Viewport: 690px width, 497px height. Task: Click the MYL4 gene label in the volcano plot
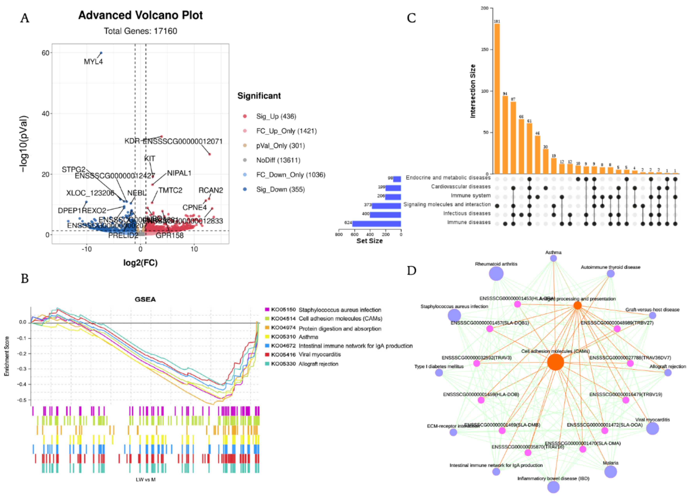pos(93,62)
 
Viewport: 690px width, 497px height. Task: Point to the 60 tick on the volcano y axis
pos(45,53)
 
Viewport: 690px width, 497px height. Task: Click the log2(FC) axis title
pos(140,262)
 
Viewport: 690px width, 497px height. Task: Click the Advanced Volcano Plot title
pos(140,15)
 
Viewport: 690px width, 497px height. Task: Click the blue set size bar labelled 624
pos(376,224)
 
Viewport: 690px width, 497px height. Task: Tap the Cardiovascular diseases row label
pos(461,186)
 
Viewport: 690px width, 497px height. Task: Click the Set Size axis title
pos(369,241)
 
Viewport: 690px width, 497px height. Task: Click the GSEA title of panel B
pos(145,300)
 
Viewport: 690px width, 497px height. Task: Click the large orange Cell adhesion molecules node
pos(555,362)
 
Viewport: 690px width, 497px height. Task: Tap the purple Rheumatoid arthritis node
pos(496,274)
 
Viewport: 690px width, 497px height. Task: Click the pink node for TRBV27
pos(617,329)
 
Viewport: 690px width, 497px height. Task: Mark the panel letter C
pos(411,18)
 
